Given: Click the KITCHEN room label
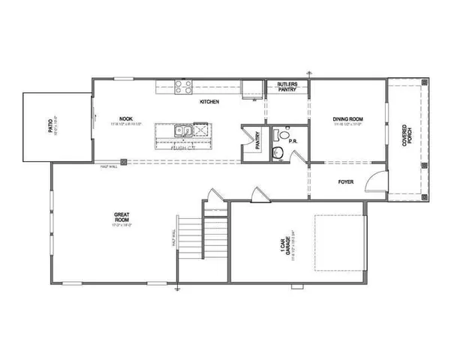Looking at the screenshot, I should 209,102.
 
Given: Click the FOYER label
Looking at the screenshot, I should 345,181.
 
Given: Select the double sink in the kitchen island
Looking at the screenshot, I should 182,131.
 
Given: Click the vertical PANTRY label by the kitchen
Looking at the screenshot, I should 257,142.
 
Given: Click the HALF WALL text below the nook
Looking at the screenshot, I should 109,166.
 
